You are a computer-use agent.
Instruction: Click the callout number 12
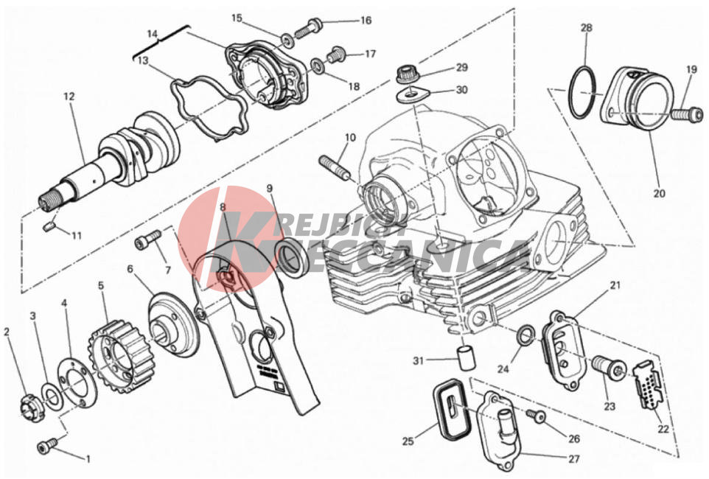[x=69, y=97]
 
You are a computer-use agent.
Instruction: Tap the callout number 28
[x=587, y=28]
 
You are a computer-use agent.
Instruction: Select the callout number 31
[x=419, y=360]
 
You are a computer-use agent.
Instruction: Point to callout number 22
[x=663, y=429]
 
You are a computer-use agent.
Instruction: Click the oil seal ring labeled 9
[x=293, y=257]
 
